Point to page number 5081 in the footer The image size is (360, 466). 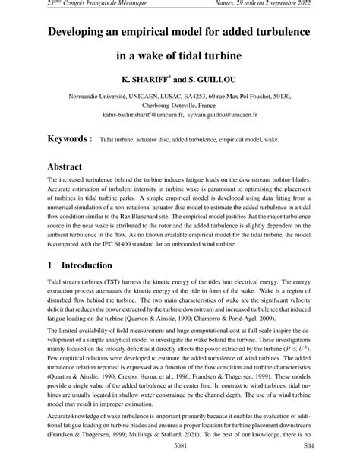(180, 458)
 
